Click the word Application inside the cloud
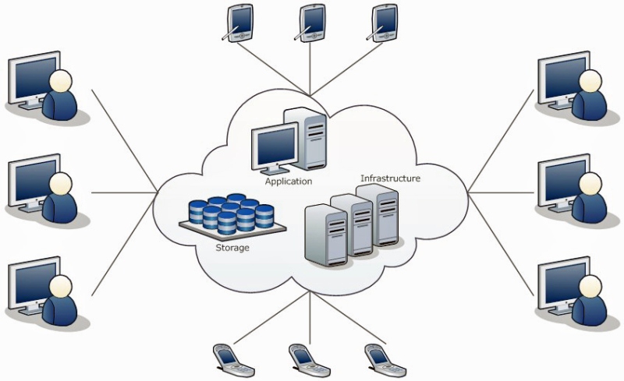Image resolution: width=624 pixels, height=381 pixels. click(x=288, y=182)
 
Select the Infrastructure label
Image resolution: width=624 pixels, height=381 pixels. click(x=390, y=178)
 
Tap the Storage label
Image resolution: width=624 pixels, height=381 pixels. click(x=232, y=248)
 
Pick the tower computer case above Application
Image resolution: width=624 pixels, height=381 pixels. click(x=305, y=137)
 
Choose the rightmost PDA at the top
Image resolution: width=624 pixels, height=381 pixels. click(x=385, y=22)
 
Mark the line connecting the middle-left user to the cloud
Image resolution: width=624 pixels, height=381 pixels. click(x=125, y=192)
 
